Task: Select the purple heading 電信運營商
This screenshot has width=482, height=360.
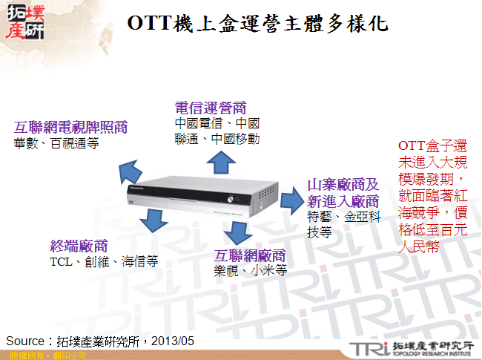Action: tap(210, 107)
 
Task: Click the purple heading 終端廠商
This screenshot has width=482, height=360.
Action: tap(79, 246)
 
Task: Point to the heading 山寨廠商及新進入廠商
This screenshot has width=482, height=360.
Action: tap(343, 193)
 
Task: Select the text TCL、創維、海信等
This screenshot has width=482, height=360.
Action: tap(104, 262)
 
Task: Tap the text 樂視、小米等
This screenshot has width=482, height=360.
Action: tap(250, 271)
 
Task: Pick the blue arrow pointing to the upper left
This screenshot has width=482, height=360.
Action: tap(130, 172)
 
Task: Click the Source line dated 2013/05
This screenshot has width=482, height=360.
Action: tap(100, 341)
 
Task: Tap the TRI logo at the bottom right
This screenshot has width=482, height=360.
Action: tap(412, 348)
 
